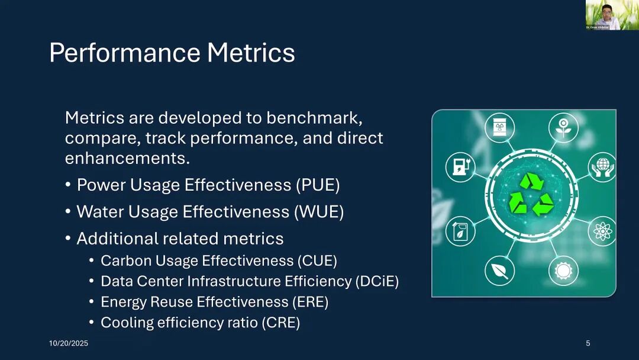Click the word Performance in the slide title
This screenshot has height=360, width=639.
pyautogui.click(x=125, y=53)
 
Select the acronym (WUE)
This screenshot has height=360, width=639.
pyautogui.click(x=319, y=212)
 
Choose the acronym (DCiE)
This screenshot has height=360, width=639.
pyautogui.click(x=377, y=281)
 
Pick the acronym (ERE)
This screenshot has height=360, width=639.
pyautogui.click(x=310, y=302)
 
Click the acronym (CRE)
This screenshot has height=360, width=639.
pyautogui.click(x=281, y=323)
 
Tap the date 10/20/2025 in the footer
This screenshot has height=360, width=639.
pyautogui.click(x=69, y=343)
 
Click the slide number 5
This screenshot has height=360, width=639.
pyautogui.click(x=588, y=343)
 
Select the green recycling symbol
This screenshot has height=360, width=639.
pyautogui.click(x=531, y=194)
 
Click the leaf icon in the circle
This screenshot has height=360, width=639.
pyautogui.click(x=499, y=271)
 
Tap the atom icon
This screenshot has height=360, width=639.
pyautogui.click(x=602, y=231)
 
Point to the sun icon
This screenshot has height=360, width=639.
pyautogui.click(x=563, y=271)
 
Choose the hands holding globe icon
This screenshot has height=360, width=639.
pyautogui.click(x=602, y=167)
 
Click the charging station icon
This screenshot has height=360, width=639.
pyautogui.click(x=460, y=167)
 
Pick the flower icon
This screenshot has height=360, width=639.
pyautogui.click(x=563, y=128)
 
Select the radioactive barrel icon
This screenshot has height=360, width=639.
pyautogui.click(x=499, y=128)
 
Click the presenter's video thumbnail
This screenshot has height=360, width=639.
pyautogui.click(x=612, y=15)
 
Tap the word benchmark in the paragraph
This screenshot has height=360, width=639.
pyautogui.click(x=314, y=118)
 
